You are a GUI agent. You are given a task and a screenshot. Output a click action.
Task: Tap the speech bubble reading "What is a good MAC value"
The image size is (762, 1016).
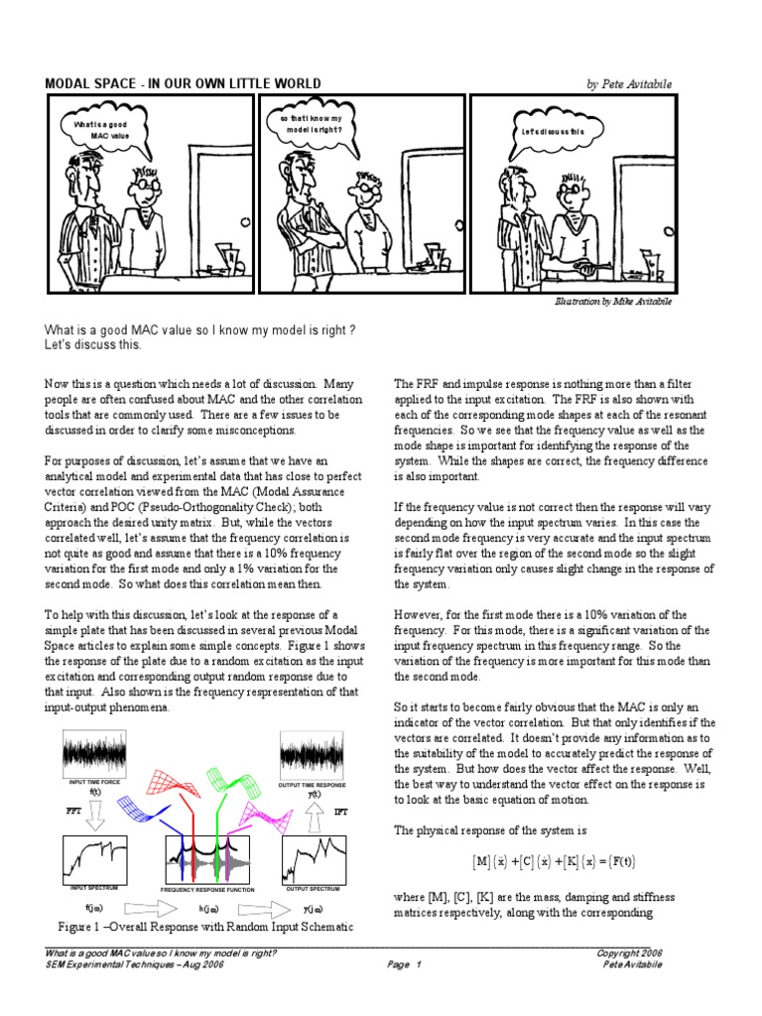coord(100,130)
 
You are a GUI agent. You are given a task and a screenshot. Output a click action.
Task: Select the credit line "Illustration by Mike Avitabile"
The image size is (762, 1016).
coord(612,302)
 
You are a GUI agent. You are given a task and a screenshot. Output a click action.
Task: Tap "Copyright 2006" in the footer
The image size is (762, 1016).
coord(629,952)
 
